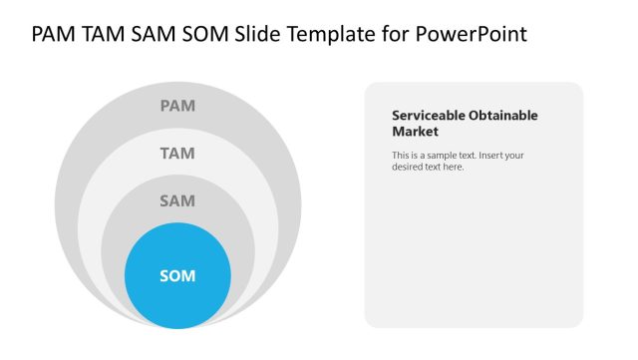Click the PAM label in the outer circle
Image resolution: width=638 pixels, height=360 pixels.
(x=177, y=105)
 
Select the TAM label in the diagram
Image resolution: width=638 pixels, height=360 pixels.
(x=177, y=153)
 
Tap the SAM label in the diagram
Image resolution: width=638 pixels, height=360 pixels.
(x=177, y=200)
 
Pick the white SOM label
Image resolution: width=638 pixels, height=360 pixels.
(x=177, y=275)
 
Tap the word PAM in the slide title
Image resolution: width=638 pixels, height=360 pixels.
(x=55, y=35)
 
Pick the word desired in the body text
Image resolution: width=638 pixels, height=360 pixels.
(x=408, y=167)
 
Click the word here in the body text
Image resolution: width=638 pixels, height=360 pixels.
(x=453, y=167)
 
